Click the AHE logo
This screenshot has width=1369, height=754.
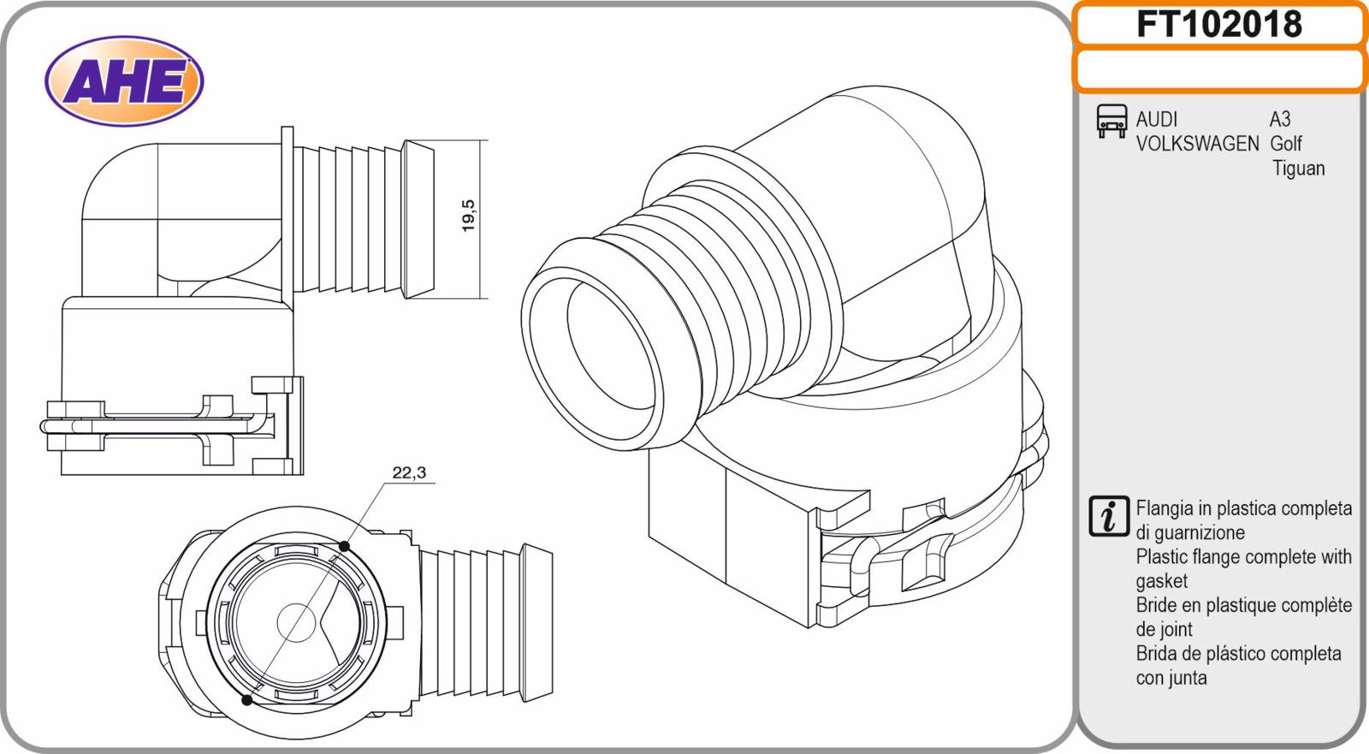pyautogui.click(x=124, y=80)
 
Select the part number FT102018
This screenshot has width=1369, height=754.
pyautogui.click(x=1219, y=25)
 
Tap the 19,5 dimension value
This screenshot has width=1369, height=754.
pyautogui.click(x=469, y=216)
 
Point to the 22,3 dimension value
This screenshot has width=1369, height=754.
pyautogui.click(x=409, y=472)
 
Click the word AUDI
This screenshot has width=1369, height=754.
pyautogui.click(x=1156, y=119)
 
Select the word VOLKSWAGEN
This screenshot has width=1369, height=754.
pyautogui.click(x=1197, y=144)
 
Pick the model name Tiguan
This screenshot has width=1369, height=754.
pyautogui.click(x=1299, y=168)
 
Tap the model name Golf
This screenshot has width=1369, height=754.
pyautogui.click(x=1286, y=144)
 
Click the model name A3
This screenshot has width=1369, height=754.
pyautogui.click(x=1280, y=119)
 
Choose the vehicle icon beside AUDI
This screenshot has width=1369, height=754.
pyautogui.click(x=1111, y=121)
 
